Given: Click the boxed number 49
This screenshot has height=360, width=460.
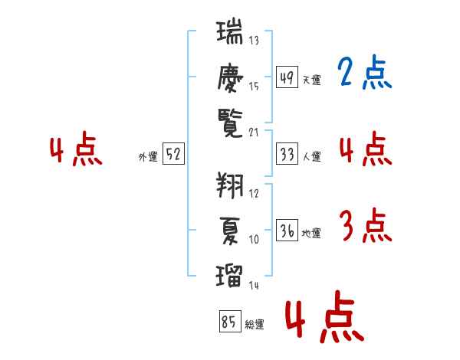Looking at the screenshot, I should click(287, 77).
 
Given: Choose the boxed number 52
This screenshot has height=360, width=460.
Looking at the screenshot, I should click(173, 155).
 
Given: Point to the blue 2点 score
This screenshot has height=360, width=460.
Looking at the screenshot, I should click(364, 74).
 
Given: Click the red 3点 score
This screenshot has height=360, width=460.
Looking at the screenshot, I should click(364, 227).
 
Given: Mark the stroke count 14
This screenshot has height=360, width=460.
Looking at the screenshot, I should click(254, 285).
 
